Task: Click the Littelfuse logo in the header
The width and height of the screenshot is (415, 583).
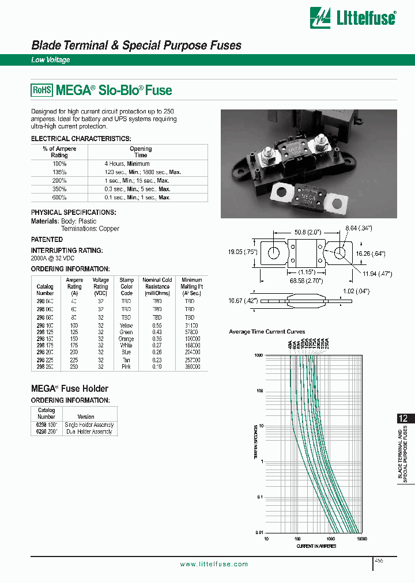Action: tap(353, 17)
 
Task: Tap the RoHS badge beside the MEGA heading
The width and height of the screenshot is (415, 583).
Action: tap(41, 90)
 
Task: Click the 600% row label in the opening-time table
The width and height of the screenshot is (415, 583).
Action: tap(59, 198)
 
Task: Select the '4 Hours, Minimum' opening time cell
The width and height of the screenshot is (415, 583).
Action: tap(127, 164)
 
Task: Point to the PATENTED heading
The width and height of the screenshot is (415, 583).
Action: tap(47, 239)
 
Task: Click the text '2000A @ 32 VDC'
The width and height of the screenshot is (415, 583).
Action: tap(54, 259)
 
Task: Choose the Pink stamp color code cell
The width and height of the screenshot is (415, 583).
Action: tap(126, 366)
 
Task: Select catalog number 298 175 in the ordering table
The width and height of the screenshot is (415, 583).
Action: tap(45, 346)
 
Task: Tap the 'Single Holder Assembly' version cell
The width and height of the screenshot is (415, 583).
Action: tap(90, 425)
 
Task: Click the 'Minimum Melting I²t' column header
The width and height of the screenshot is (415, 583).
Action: tap(191, 286)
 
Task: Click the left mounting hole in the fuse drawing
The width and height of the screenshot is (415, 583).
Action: tap(274, 253)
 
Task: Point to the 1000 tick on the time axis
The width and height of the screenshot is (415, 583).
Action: tap(259, 355)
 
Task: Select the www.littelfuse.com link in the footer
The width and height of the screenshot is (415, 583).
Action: tap(214, 565)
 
